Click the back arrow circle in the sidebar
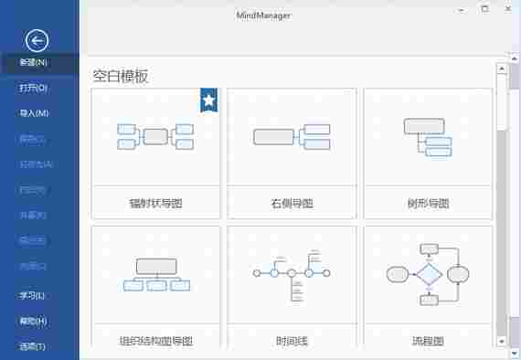pyautogui.click(x=37, y=39)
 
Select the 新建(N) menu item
pyautogui.click(x=34, y=63)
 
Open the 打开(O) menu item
pyautogui.click(x=34, y=89)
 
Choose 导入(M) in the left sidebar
pyautogui.click(x=34, y=113)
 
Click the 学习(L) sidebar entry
pyautogui.click(x=33, y=296)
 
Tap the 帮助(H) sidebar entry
pyautogui.click(x=33, y=321)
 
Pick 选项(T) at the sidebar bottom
pyautogui.click(x=33, y=346)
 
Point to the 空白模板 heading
pyautogui.click(x=121, y=76)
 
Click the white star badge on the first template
pyautogui.click(x=209, y=100)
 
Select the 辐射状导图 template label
pyautogui.click(x=156, y=203)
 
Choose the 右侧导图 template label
pyautogui.click(x=292, y=203)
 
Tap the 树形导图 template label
pyautogui.click(x=427, y=203)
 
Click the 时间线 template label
pyautogui.click(x=292, y=341)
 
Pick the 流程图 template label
pyautogui.click(x=427, y=341)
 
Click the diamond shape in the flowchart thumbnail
pyautogui.click(x=428, y=273)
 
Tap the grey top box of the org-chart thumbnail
pyautogui.click(x=155, y=266)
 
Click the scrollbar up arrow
pyautogui.click(x=501, y=67)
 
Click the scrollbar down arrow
pyautogui.click(x=501, y=341)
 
